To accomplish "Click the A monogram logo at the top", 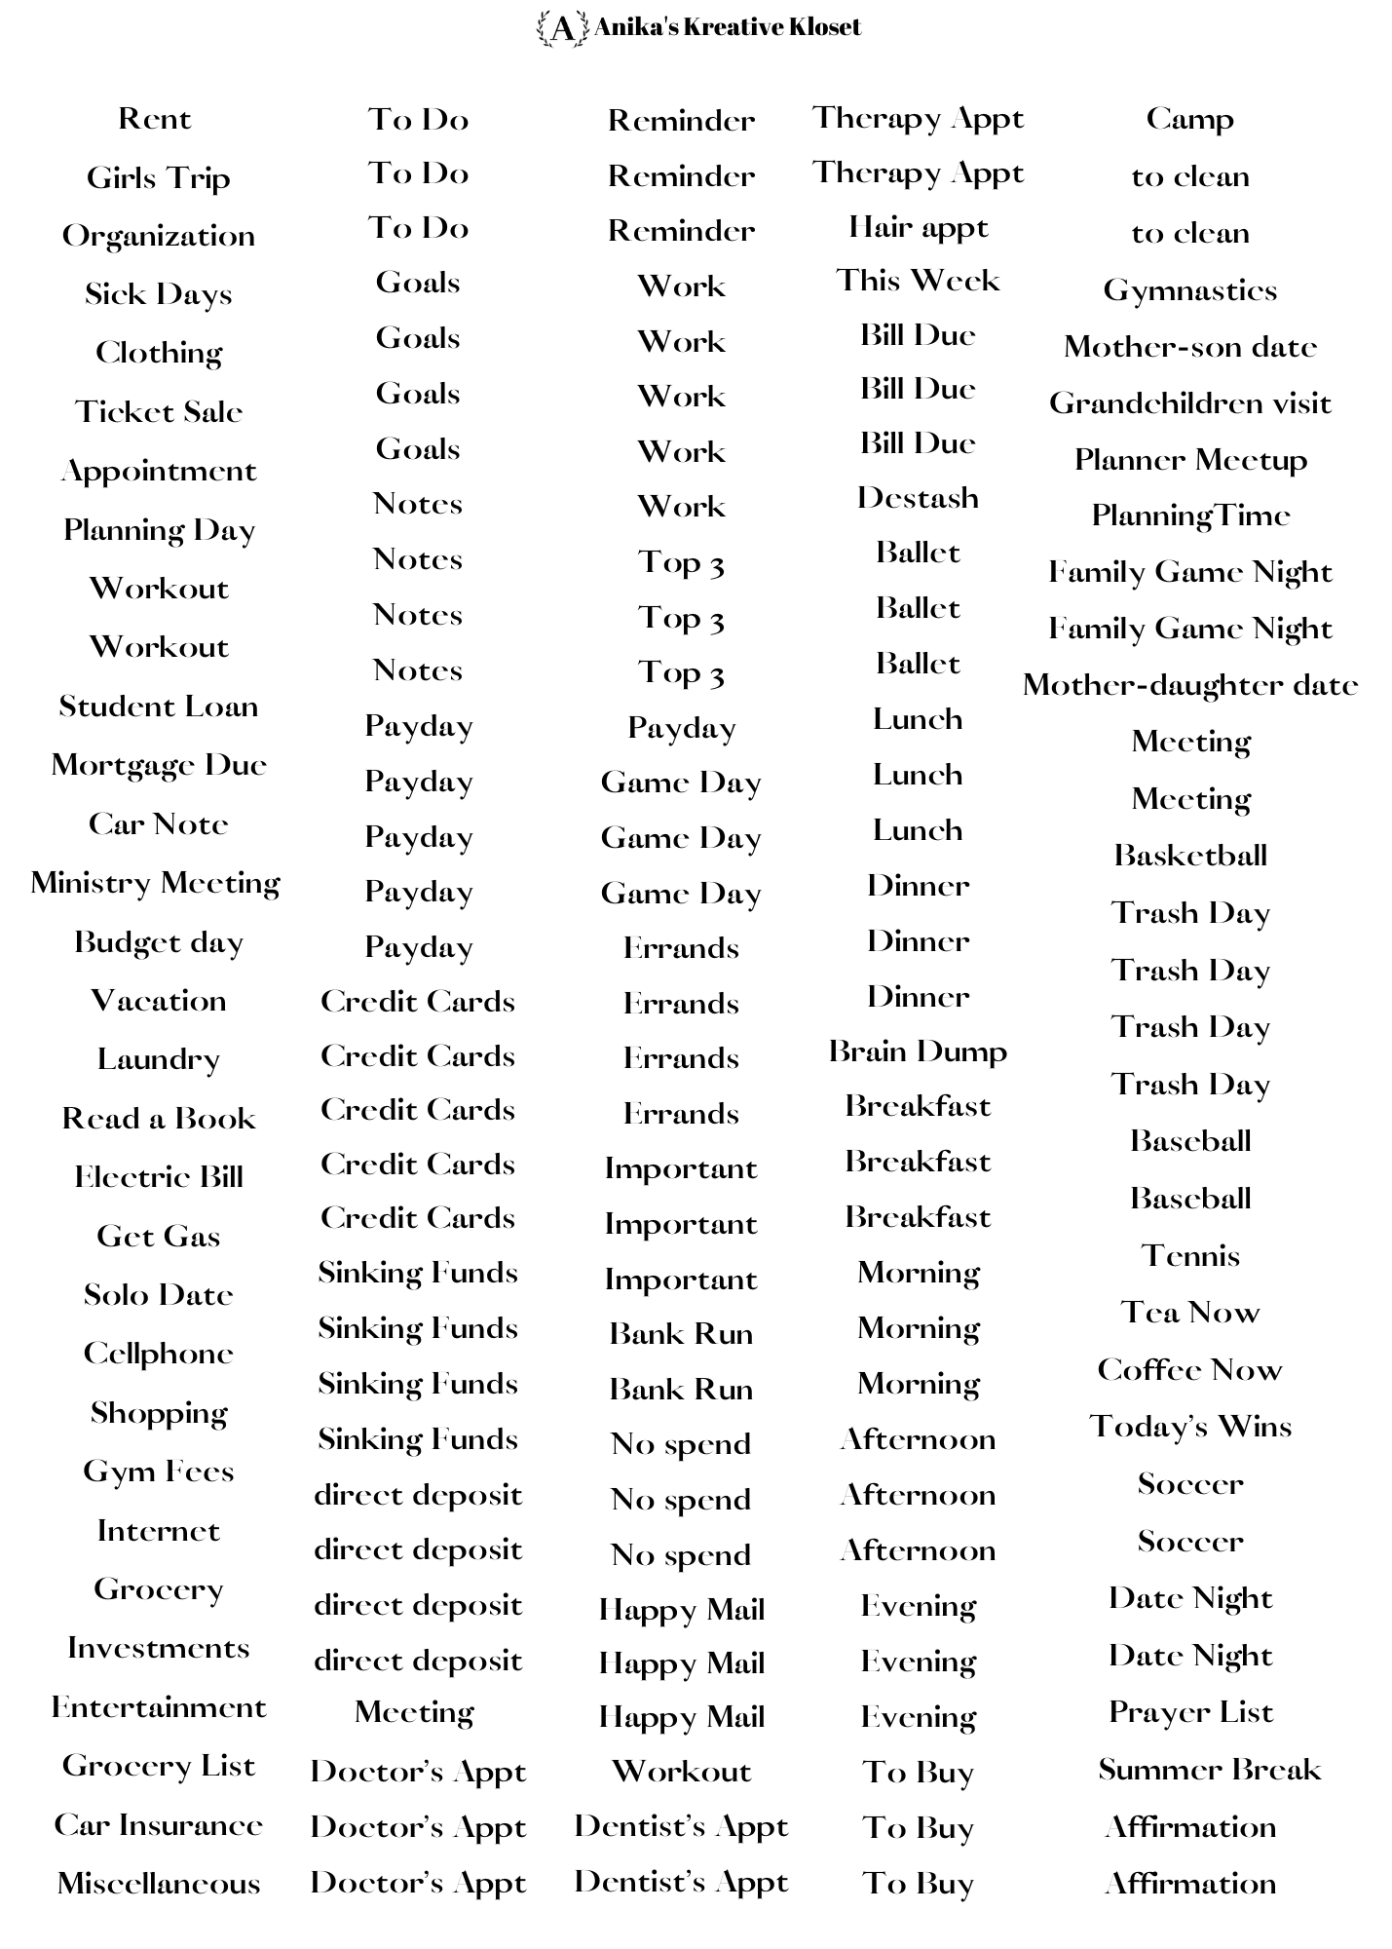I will click(562, 28).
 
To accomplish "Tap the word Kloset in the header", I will click(825, 27).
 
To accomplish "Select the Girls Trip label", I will click(158, 178).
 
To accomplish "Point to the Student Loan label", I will click(159, 707).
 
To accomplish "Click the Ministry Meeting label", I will click(156, 883).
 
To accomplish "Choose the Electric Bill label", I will click(159, 1177).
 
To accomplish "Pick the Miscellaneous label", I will click(159, 1883).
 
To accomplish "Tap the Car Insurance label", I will click(159, 1824).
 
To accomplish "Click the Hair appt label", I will click(918, 228).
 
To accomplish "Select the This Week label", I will click(918, 281).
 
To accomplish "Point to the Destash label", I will click(918, 498).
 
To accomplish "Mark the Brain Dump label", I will click(918, 1051).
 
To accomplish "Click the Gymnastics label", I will click(1189, 290).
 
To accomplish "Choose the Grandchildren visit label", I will click(1189, 403).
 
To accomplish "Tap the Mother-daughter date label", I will click(1189, 685).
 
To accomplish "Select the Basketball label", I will click(1189, 856).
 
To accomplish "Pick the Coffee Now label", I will click(1189, 1370).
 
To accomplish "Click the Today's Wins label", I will click(1189, 1428).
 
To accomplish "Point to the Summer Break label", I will click(1209, 1770).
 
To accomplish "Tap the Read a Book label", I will click(159, 1118).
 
